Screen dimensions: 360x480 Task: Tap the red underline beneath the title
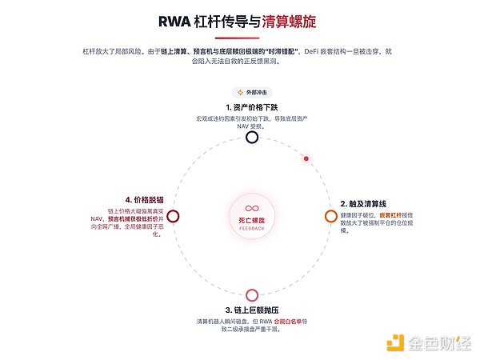[x=240, y=38]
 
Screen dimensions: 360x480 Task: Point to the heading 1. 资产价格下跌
[x=252, y=106]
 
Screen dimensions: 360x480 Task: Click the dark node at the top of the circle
[x=252, y=137]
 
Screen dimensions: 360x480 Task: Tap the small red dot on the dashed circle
[x=306, y=158]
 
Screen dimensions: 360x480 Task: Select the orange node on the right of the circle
[x=330, y=216]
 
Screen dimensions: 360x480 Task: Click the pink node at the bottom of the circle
[x=252, y=294]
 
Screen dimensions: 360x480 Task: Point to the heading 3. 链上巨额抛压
[x=252, y=310]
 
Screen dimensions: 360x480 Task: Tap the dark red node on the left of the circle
[x=173, y=216]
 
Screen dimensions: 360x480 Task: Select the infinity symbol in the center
[x=252, y=208]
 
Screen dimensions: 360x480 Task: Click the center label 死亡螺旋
[x=252, y=219]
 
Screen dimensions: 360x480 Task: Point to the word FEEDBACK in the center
[x=252, y=229]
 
